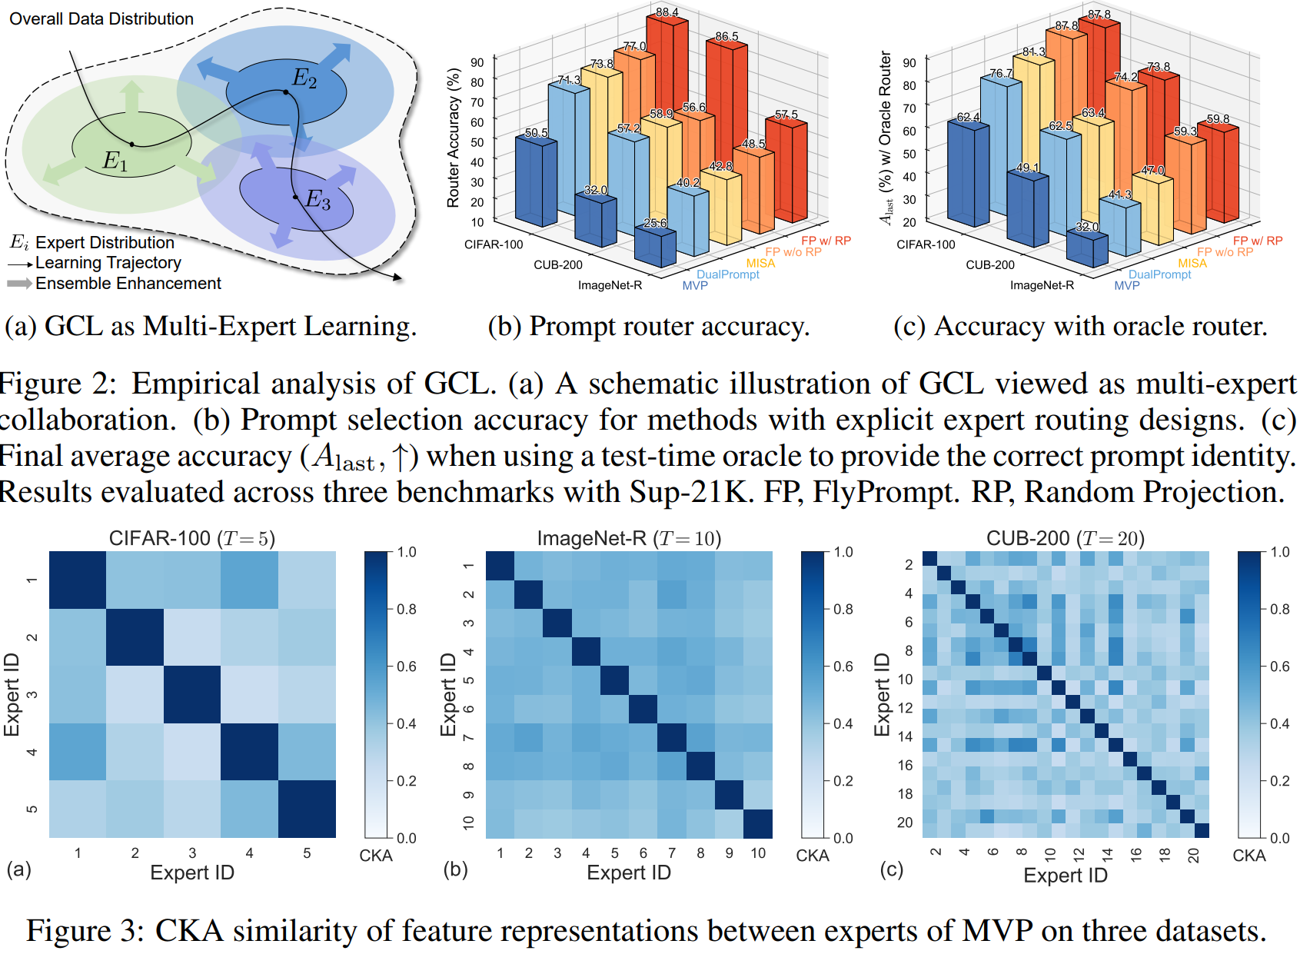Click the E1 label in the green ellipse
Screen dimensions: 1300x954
(115, 161)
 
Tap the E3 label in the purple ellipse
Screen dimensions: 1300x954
(318, 200)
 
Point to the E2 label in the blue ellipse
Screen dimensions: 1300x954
(304, 78)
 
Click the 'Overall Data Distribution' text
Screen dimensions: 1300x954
(101, 18)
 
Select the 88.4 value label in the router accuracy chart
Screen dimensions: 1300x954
(667, 12)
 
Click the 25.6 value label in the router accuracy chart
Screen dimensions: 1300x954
(655, 223)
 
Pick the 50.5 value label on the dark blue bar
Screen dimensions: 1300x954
(537, 133)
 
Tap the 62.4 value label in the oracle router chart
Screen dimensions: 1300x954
(968, 117)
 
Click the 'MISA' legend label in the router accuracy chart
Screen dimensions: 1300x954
(760, 263)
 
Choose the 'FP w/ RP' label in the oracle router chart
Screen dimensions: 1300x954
(1258, 241)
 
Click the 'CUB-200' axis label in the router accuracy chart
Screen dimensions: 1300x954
(557, 264)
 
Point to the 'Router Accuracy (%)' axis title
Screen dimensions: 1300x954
(453, 138)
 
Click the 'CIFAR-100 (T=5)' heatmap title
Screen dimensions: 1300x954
(192, 539)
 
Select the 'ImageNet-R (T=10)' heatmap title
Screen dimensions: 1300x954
(629, 539)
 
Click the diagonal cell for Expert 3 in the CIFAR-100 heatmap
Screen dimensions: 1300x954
(192, 694)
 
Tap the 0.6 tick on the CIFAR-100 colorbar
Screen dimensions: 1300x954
(407, 666)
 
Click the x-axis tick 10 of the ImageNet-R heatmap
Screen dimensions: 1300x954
(758, 853)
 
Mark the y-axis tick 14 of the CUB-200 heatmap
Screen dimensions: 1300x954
(906, 736)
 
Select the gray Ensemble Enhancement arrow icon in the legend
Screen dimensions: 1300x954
(19, 283)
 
